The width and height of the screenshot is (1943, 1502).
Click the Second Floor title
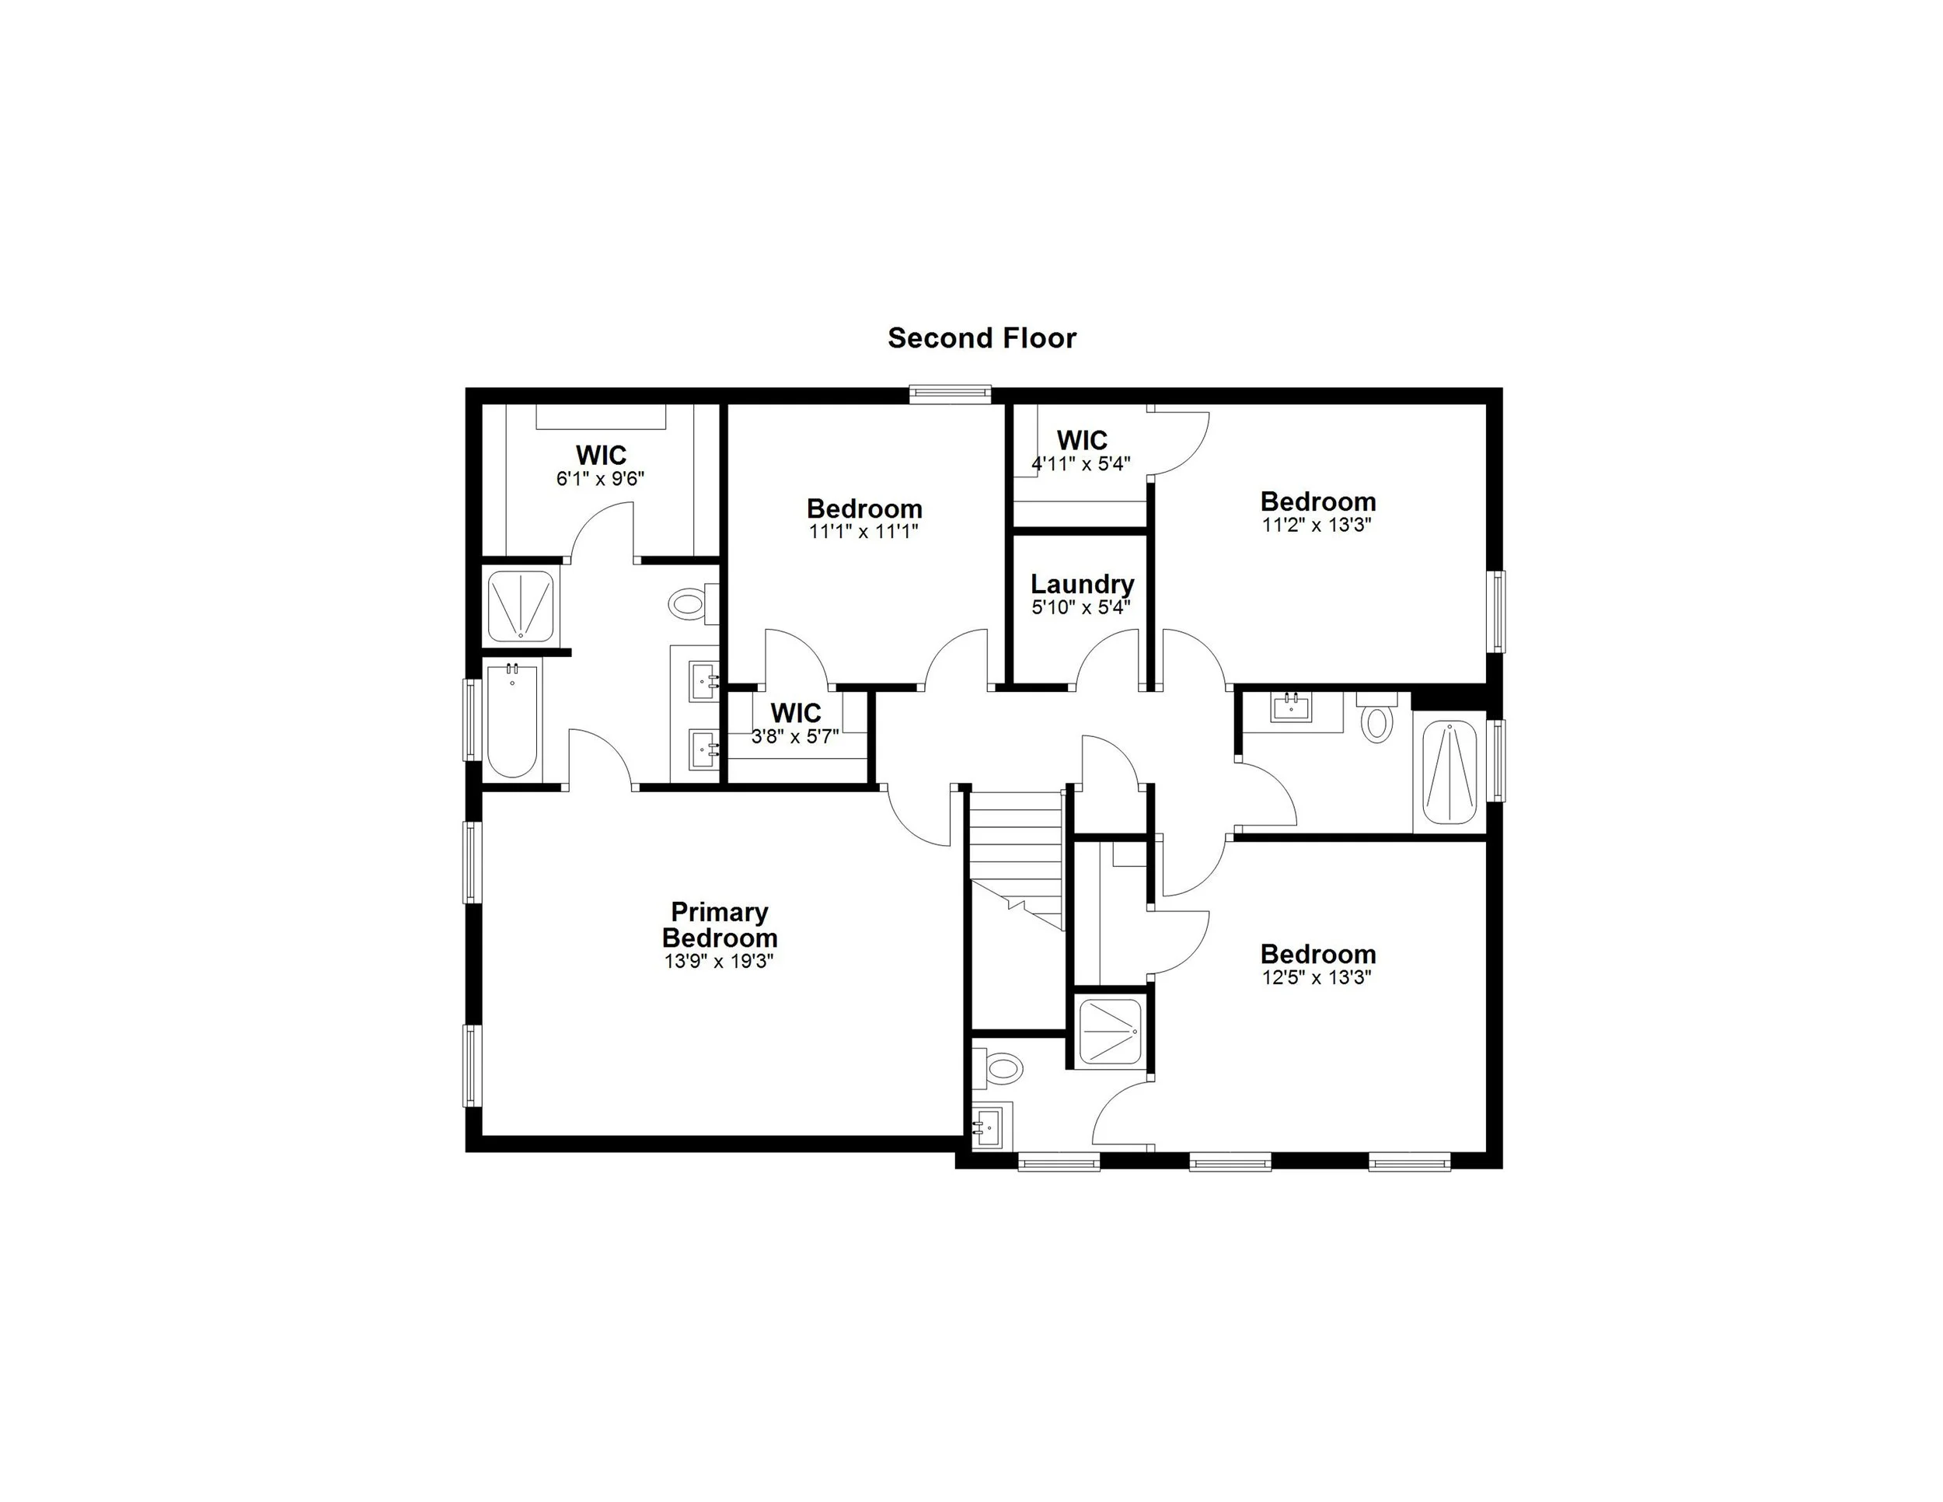point(982,338)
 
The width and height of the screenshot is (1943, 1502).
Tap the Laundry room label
point(1082,585)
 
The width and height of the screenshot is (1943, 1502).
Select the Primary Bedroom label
point(719,924)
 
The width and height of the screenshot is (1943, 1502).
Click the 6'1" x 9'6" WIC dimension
point(601,479)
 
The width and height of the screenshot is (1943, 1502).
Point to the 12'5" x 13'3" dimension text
point(1317,978)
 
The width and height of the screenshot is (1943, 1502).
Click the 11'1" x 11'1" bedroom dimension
point(863,531)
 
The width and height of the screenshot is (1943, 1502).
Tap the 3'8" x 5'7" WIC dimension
point(795,736)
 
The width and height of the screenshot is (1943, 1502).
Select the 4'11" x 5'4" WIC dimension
point(1081,463)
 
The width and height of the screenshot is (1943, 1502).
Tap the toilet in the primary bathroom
point(687,606)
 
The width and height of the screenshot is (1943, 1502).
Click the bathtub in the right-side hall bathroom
point(1449,772)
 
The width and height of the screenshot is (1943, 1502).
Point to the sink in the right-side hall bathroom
point(1292,709)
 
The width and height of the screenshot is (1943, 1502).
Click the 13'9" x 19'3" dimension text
point(719,962)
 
